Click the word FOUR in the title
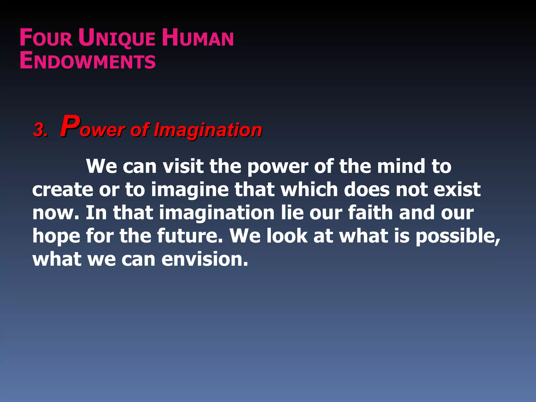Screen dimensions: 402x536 point(46,38)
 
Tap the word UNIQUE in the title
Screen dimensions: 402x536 point(116,38)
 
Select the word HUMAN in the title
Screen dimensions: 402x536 point(198,38)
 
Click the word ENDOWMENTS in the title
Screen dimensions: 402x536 point(88,61)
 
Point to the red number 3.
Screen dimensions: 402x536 point(40,130)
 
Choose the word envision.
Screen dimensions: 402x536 point(204,259)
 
